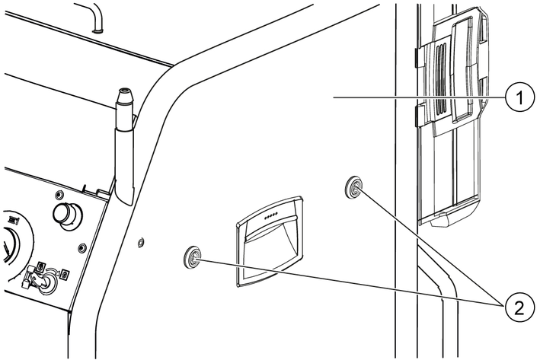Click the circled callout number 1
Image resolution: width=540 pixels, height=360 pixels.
tap(518, 97)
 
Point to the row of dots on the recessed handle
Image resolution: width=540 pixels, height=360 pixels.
tap(272, 215)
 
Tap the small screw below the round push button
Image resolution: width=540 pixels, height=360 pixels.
tap(81, 247)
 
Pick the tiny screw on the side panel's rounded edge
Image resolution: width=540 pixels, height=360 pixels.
tap(140, 242)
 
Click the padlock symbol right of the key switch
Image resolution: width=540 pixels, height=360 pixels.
tap(65, 273)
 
